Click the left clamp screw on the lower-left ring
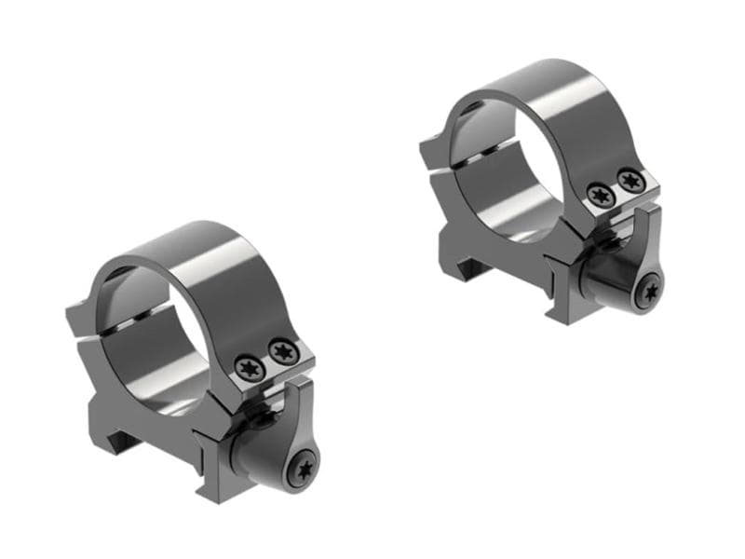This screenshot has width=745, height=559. click(249, 365)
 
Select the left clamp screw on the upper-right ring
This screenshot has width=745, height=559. click(599, 195)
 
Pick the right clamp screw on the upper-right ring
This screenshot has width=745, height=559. click(630, 180)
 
